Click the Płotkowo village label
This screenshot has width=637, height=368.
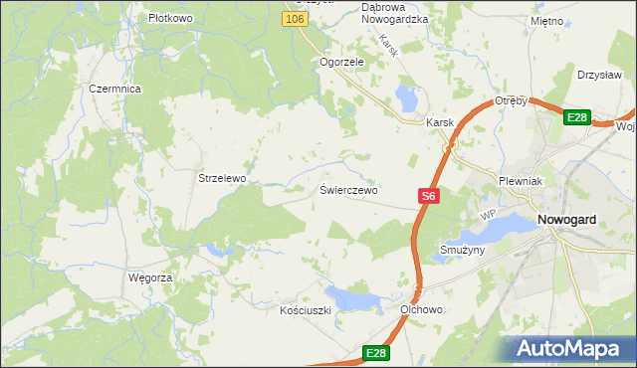tap(169, 18)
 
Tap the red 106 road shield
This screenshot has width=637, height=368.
tap(293, 19)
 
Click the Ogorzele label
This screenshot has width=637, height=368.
tap(342, 61)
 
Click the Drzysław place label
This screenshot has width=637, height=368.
tap(599, 75)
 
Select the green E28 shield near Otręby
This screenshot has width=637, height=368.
tap(577, 117)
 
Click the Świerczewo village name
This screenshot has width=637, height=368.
tap(348, 189)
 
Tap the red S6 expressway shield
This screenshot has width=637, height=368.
tap(428, 197)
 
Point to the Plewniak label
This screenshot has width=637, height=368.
tap(519, 181)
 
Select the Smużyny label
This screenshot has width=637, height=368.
tap(462, 250)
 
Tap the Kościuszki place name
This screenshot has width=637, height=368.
tap(305, 310)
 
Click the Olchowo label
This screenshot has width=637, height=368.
tap(421, 309)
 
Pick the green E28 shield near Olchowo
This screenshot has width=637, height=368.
tap(375, 353)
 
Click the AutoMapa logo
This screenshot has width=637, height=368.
tap(570, 349)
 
